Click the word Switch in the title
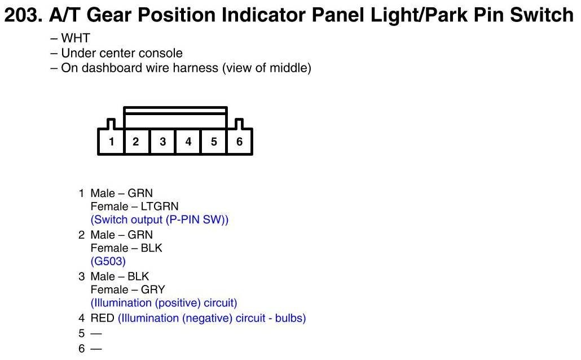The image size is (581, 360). (x=542, y=15)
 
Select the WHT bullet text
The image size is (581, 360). (x=76, y=38)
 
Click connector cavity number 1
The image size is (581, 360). (x=111, y=142)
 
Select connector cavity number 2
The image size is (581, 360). (x=135, y=142)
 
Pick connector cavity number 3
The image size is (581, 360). (x=162, y=142)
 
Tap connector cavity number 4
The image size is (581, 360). (x=188, y=142)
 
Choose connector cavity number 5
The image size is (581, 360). (x=214, y=142)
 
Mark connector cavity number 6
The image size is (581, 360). (x=239, y=142)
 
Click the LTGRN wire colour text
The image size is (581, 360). (x=160, y=206)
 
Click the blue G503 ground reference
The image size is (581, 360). (x=108, y=261)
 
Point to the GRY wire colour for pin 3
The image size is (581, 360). (x=153, y=289)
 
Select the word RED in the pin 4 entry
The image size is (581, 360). (x=102, y=318)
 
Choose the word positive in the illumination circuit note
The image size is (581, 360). (x=178, y=303)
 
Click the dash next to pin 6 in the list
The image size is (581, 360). (x=96, y=349)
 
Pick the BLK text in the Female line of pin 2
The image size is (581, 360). (x=152, y=248)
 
